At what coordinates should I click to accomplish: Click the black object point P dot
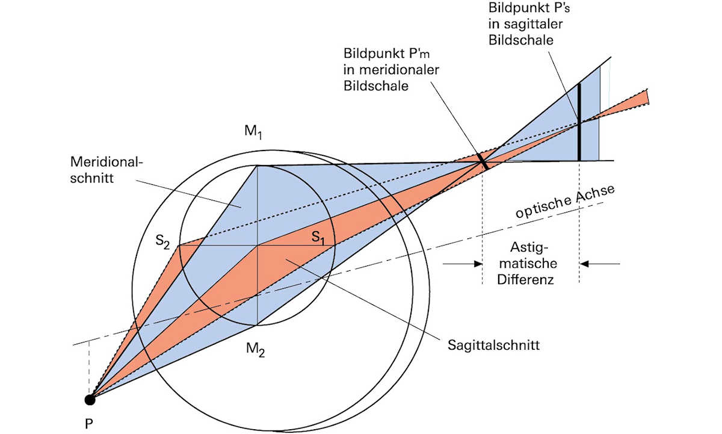[x=90, y=398]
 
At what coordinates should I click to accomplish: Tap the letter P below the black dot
[x=88, y=424]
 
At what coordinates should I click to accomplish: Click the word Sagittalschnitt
[x=493, y=345]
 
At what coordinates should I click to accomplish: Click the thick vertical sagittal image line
[x=579, y=120]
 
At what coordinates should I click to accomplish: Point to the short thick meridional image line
[x=482, y=160]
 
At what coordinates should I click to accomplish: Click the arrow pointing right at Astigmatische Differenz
[x=463, y=263]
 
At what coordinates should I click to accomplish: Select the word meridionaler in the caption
[x=391, y=69]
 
